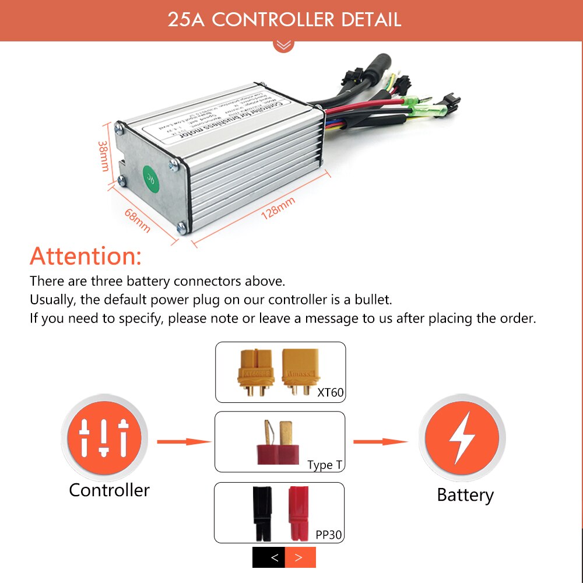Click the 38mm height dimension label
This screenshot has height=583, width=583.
tap(104, 155)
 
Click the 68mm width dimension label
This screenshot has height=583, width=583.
tap(138, 220)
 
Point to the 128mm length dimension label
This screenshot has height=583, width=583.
tap(278, 207)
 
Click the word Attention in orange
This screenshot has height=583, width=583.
tap(86, 256)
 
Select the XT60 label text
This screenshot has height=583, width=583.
tap(330, 392)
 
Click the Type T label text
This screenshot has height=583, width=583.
tap(325, 465)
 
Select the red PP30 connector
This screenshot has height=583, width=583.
tap(297, 512)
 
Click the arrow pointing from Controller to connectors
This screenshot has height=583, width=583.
tap(184, 442)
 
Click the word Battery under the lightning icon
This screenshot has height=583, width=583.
tap(465, 495)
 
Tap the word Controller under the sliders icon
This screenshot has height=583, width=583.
tap(109, 490)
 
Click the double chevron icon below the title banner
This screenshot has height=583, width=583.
tap(284, 45)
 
